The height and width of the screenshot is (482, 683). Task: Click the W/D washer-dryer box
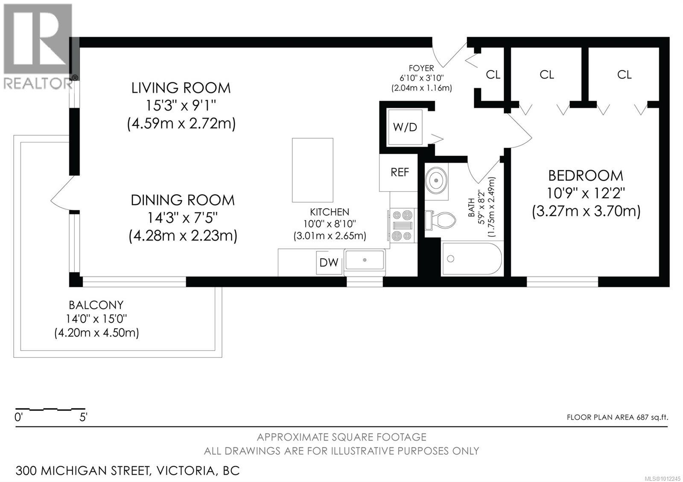[x=405, y=127]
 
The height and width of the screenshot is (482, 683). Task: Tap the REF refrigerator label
[x=400, y=172]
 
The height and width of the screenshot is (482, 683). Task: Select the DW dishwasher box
[x=329, y=262]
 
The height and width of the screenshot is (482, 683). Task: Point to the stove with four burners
[x=402, y=226]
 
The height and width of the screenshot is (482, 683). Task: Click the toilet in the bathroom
[x=440, y=220]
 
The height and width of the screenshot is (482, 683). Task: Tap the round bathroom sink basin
[x=437, y=180]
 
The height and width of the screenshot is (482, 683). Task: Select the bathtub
[x=472, y=258]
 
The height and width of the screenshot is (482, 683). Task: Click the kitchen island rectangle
[x=312, y=170]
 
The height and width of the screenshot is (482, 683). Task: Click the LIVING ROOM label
[x=181, y=88]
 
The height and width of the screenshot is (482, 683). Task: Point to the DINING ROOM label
[x=183, y=200]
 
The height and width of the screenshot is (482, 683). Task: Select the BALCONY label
[x=96, y=305]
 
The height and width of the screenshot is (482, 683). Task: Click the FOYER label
[x=421, y=68]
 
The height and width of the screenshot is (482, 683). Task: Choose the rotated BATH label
[x=471, y=207]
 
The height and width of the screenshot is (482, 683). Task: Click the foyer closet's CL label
[x=493, y=75]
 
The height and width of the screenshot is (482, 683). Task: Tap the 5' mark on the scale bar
[x=83, y=417]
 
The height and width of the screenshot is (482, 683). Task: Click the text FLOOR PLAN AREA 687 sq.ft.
[x=617, y=418]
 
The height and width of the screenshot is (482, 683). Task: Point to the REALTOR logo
[x=38, y=47]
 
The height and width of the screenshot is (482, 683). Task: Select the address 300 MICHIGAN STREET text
[x=83, y=471]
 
